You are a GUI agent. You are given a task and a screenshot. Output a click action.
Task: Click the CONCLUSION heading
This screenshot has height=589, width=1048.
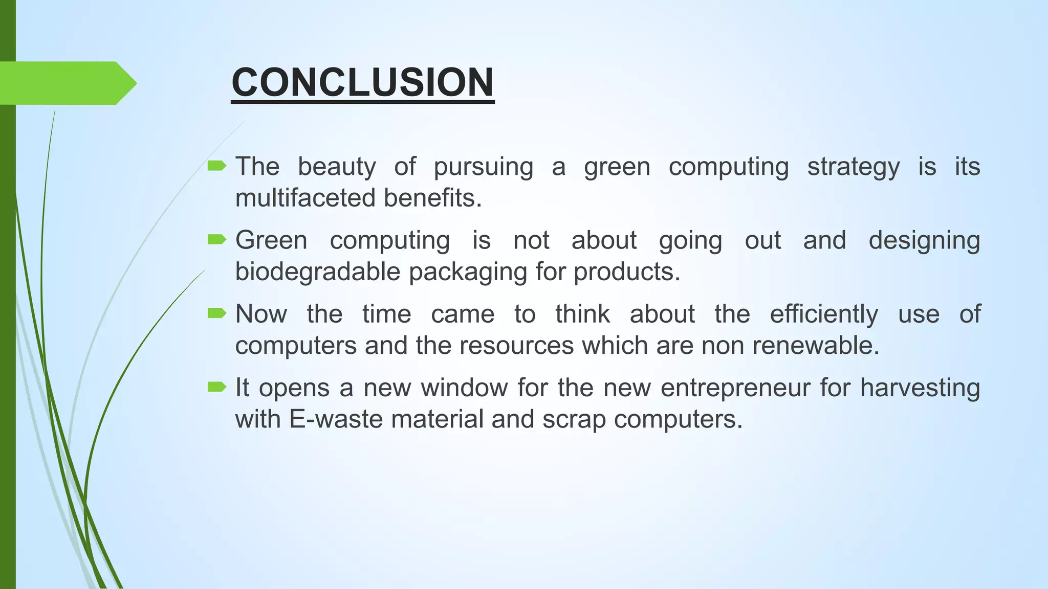362,82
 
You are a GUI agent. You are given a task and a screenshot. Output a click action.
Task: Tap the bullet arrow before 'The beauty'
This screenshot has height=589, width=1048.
217,166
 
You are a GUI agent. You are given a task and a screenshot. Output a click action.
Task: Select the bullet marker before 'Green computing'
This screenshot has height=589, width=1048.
217,239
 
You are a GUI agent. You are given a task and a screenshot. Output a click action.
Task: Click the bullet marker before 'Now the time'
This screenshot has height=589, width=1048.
217,313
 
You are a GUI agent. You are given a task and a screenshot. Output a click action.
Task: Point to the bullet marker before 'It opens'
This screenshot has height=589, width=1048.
217,387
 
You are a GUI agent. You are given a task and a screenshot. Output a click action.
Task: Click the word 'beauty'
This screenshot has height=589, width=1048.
337,167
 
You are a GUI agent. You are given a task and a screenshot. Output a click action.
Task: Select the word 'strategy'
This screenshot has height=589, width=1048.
853,167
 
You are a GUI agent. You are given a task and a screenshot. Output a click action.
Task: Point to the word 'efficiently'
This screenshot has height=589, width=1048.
824,314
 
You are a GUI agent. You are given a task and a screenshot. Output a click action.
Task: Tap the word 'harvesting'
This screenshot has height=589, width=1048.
920,388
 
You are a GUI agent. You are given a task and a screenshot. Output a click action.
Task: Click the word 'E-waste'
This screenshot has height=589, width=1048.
336,419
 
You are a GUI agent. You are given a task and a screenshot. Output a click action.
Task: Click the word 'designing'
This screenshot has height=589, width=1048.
924,240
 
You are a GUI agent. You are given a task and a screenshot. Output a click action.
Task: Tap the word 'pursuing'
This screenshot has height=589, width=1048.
483,167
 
